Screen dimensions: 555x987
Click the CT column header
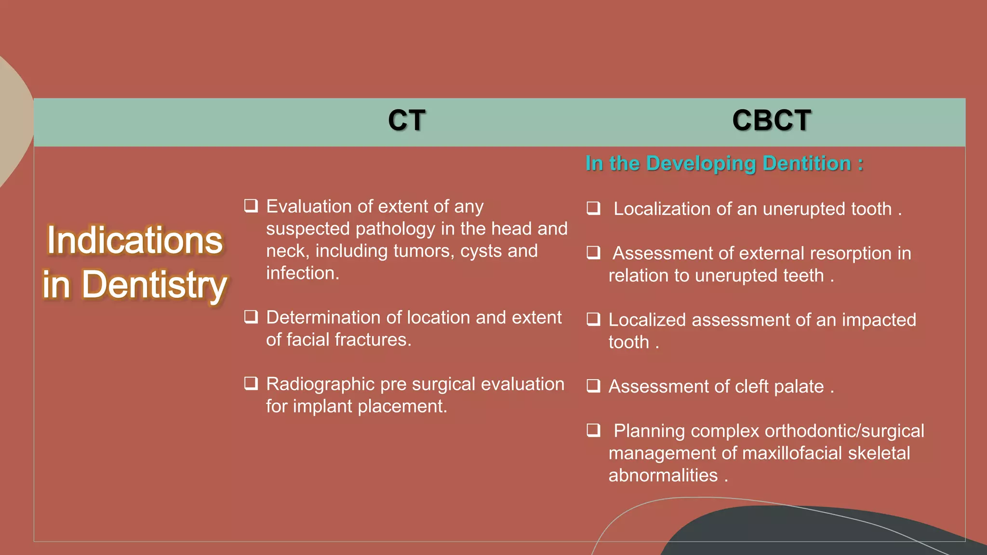(x=406, y=120)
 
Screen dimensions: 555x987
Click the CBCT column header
(x=771, y=120)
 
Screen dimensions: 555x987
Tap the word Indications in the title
(x=134, y=240)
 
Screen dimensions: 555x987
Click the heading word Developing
(x=701, y=164)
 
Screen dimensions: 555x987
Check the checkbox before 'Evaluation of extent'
(x=251, y=206)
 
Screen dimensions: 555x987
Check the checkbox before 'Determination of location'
(x=251, y=317)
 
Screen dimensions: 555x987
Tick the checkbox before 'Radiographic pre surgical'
(x=251, y=383)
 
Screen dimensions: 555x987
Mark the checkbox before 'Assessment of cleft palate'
(x=593, y=386)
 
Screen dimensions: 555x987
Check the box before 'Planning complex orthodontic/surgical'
(x=593, y=430)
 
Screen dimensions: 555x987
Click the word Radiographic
(x=320, y=384)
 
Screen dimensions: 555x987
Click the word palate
(x=799, y=386)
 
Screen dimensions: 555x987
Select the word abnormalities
(x=663, y=476)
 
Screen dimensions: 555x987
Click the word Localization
(x=662, y=209)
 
